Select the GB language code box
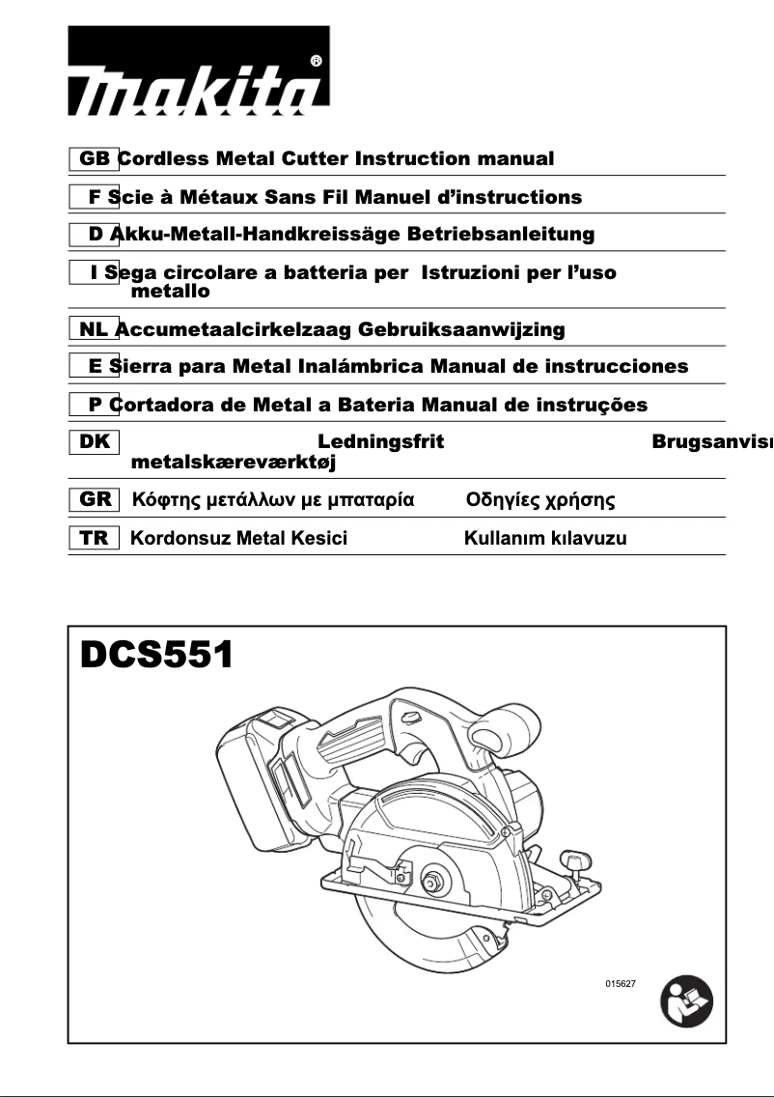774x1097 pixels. click(x=94, y=158)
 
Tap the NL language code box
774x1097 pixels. click(x=94, y=329)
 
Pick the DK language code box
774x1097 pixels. click(x=94, y=442)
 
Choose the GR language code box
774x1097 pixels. click(x=94, y=499)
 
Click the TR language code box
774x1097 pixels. click(x=94, y=538)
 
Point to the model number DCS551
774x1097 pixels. click(x=156, y=656)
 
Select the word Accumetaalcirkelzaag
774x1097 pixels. click(x=234, y=329)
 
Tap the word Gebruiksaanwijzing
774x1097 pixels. click(x=461, y=329)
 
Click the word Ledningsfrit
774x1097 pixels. click(x=380, y=442)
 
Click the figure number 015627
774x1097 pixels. click(x=621, y=983)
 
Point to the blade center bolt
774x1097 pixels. click(x=430, y=881)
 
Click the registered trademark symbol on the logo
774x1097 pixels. click(x=317, y=62)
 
